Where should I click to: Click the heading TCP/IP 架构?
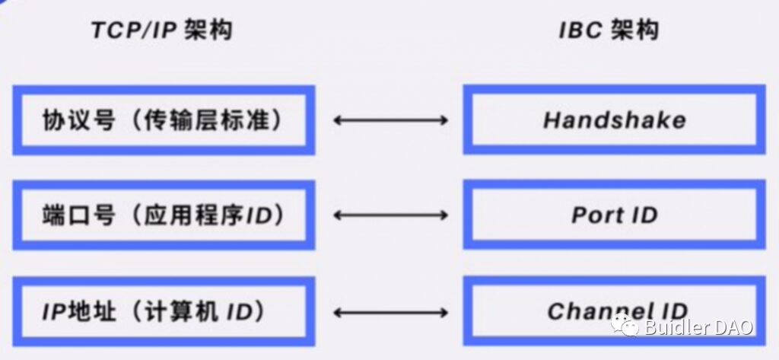click(x=161, y=30)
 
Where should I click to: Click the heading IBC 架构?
click(x=609, y=30)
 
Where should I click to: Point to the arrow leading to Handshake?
click(x=390, y=119)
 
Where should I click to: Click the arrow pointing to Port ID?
click(x=390, y=215)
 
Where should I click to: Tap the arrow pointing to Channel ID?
click(x=390, y=312)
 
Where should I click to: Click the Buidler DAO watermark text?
click(x=698, y=328)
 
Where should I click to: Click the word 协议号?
click(x=79, y=120)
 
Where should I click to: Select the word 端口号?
click(x=79, y=215)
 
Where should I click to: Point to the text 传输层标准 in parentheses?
click(x=207, y=120)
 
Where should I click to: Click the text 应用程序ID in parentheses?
click(x=207, y=215)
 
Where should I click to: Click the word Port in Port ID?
click(x=597, y=215)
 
